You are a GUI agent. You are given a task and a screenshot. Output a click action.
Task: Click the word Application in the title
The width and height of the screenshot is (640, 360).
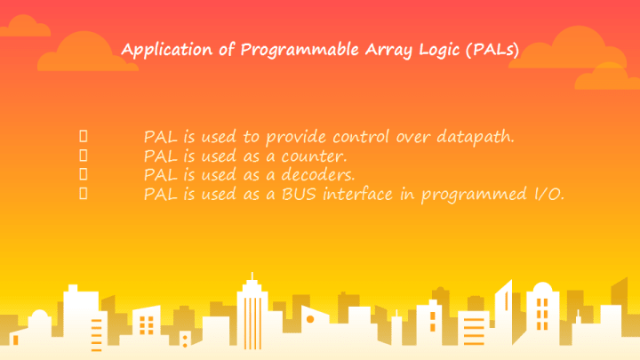[167, 50]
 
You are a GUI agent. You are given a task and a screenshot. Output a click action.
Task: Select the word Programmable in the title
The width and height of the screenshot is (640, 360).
[300, 50]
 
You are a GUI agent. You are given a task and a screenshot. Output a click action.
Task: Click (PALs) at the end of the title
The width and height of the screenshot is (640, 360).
[492, 50]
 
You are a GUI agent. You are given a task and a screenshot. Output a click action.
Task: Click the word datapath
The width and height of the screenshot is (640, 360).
[476, 137]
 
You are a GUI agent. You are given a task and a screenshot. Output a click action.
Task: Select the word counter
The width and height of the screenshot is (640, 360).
[314, 156]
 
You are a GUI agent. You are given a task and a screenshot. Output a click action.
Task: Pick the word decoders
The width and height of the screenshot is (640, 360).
[318, 175]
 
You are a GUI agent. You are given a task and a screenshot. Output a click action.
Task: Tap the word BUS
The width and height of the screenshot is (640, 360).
[299, 195]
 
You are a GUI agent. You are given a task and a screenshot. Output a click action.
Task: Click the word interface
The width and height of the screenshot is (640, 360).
[358, 194]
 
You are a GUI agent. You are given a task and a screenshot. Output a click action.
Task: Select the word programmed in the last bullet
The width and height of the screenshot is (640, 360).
[475, 195]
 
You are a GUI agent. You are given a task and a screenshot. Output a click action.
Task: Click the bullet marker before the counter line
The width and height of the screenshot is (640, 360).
[84, 156]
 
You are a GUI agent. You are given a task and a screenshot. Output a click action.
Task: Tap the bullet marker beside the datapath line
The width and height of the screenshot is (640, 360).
[84, 136]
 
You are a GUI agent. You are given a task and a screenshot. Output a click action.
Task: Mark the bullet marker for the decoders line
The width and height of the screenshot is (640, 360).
[84, 174]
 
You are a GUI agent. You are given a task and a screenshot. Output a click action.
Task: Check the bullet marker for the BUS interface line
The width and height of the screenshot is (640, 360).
[84, 193]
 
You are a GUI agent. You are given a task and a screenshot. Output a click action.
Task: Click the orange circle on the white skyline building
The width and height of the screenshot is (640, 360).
[310, 319]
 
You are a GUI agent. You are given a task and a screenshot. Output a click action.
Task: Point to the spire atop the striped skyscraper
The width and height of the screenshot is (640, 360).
[252, 276]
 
